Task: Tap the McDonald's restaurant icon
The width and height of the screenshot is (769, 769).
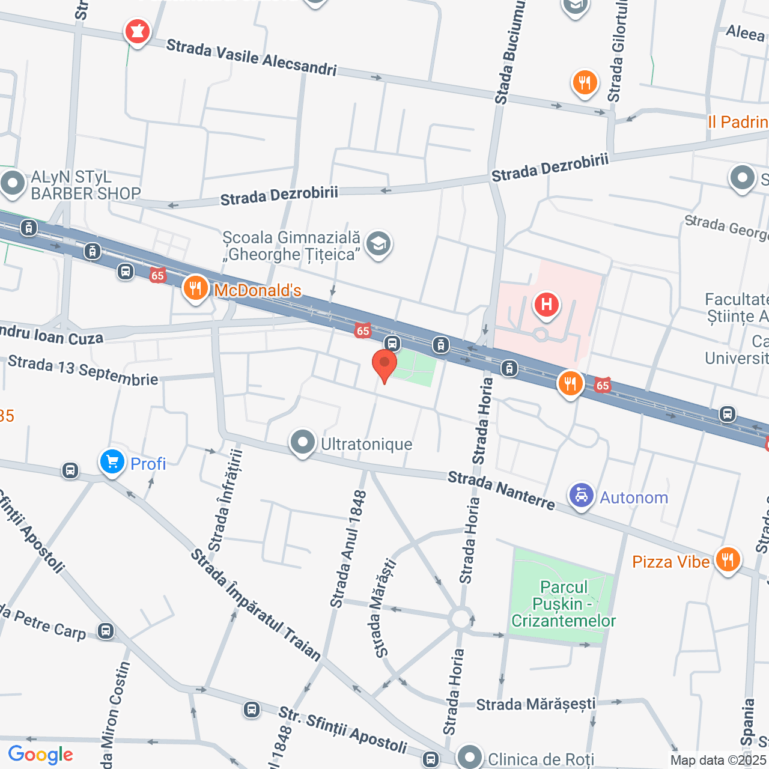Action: tap(195, 289)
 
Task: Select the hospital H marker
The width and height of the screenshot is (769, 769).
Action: tap(546, 304)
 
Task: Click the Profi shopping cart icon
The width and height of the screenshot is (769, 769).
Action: tap(112, 463)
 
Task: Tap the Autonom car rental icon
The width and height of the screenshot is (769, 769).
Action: tap(581, 496)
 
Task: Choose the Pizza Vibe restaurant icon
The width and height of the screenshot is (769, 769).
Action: tap(728, 560)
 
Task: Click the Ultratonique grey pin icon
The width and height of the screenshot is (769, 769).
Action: tap(303, 442)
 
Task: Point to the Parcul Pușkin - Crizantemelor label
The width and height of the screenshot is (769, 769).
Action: tap(563, 604)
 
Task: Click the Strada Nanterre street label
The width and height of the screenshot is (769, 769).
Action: tap(502, 491)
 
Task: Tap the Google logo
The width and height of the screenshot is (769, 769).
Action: tap(41, 755)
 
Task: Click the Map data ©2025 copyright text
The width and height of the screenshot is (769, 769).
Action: tap(719, 760)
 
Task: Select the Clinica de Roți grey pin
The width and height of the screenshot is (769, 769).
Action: tap(469, 756)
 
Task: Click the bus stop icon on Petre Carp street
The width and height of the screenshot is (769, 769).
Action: tap(106, 631)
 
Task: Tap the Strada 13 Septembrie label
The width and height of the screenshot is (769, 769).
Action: tap(83, 371)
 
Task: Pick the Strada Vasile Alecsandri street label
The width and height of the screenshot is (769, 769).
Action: tap(251, 58)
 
